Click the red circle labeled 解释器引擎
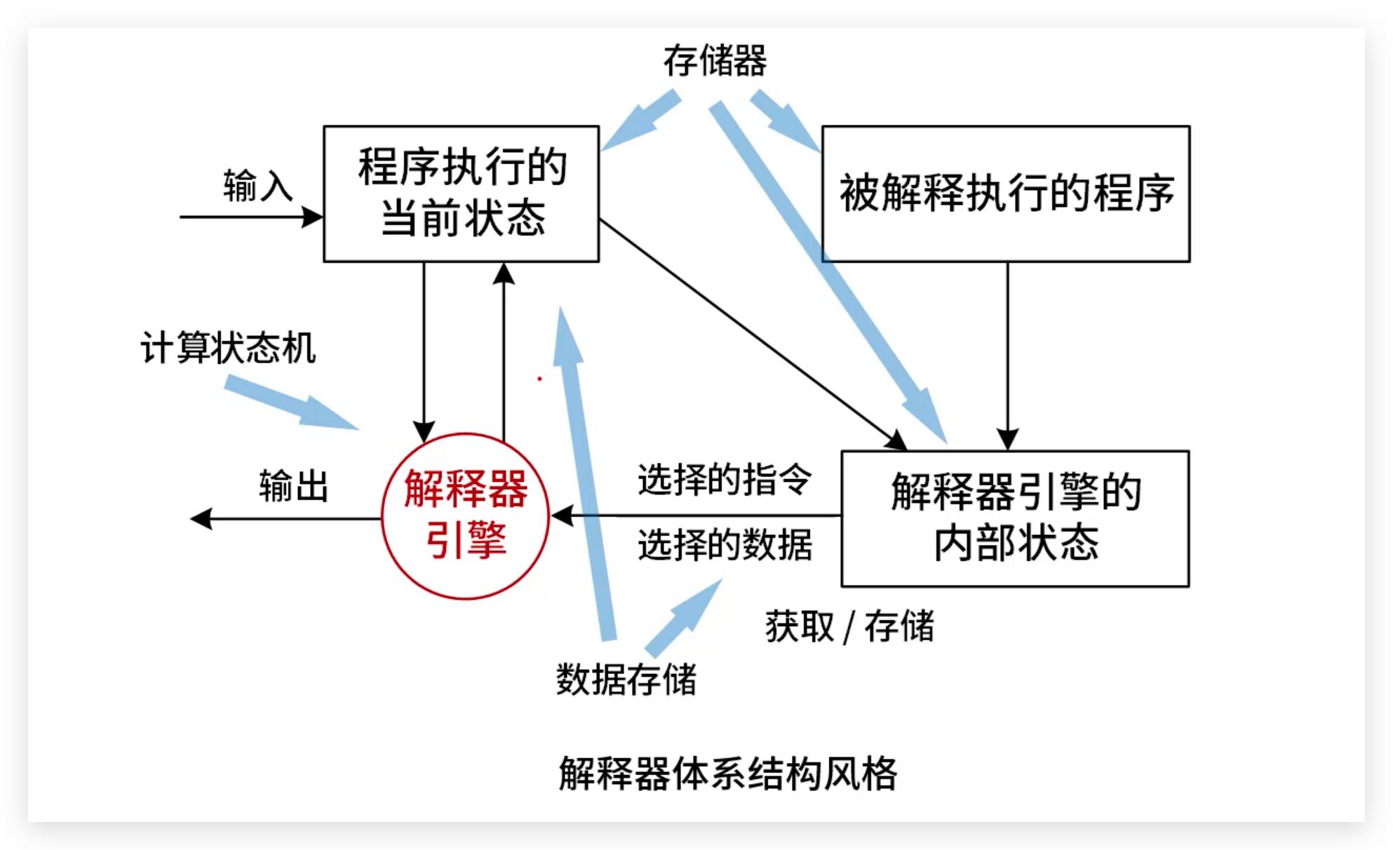465,516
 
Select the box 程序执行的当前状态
461,194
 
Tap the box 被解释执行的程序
1005,194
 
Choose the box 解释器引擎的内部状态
1014,518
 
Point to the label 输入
257,187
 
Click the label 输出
293,486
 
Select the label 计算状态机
228,348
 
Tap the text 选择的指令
725,480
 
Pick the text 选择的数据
725,545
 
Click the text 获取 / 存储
849,626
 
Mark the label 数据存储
626,679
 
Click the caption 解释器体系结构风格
727,774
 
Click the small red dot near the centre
539,379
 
